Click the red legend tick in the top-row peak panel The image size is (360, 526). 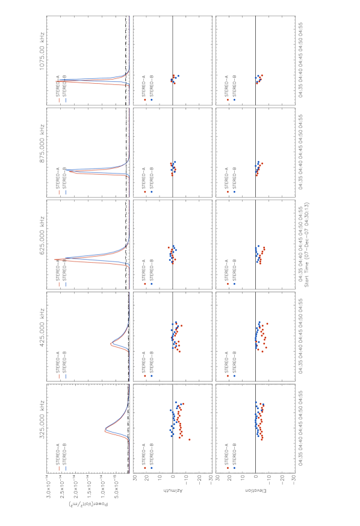(x=59, y=100)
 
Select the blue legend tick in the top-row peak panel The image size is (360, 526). (x=66, y=100)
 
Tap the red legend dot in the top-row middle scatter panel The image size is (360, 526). (x=145, y=99)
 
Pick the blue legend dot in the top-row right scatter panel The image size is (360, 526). (x=234, y=99)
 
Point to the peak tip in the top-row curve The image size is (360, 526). (x=56, y=81)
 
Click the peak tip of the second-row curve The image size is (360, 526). (x=66, y=171)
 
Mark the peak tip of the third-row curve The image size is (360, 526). (x=54, y=259)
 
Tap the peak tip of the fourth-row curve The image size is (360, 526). (x=110, y=344)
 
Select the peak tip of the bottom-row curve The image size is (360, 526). (x=105, y=430)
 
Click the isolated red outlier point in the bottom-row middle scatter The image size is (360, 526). (x=190, y=439)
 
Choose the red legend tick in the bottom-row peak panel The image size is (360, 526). (x=59, y=468)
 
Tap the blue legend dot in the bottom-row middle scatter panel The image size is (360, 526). (x=151, y=468)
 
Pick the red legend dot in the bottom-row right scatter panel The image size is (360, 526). (x=228, y=468)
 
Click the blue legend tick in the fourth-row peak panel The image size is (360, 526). (x=66, y=376)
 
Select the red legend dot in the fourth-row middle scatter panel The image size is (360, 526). (x=145, y=376)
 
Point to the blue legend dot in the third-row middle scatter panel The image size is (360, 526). (x=151, y=284)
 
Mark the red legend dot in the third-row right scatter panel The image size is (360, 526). (x=228, y=284)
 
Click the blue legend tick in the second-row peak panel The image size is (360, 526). (x=66, y=192)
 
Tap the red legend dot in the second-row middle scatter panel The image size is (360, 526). (x=145, y=192)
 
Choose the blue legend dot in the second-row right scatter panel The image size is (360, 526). (x=234, y=192)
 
